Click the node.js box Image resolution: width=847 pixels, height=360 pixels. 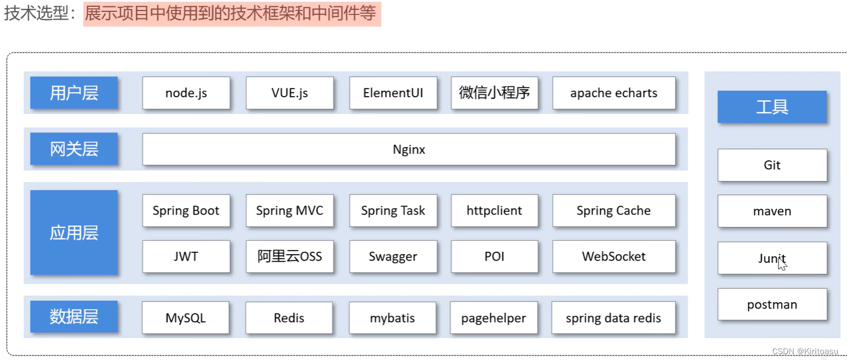(186, 93)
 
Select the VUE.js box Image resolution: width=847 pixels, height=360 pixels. (289, 93)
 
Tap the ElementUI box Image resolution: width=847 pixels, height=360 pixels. (393, 93)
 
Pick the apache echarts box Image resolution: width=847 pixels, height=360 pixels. (614, 93)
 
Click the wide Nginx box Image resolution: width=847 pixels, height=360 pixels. (409, 149)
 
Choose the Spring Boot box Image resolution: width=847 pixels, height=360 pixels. (186, 211)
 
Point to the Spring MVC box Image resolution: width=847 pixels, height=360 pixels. (289, 211)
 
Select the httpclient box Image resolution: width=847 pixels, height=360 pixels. (494, 211)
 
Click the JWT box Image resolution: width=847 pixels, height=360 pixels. (186, 256)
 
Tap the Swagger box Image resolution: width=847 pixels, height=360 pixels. (393, 256)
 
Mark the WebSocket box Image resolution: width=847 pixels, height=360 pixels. (614, 256)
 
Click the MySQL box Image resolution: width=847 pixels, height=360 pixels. (186, 318)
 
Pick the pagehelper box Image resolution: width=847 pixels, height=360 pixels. (494, 318)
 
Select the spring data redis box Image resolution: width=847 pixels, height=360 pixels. (613, 318)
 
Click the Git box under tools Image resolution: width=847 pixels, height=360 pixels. (772, 165)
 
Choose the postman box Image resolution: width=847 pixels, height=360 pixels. (772, 304)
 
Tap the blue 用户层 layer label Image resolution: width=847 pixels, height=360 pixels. (74, 93)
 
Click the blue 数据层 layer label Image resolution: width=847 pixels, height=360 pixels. (74, 317)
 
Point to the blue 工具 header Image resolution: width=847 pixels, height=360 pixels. (772, 107)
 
